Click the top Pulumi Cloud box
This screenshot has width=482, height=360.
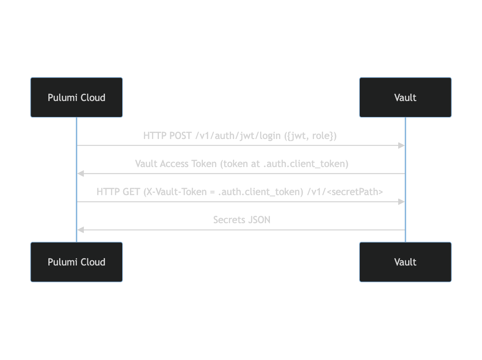click(76, 98)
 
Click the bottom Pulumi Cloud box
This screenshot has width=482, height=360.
click(76, 262)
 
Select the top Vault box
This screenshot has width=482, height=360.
click(405, 98)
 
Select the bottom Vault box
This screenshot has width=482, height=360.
click(405, 262)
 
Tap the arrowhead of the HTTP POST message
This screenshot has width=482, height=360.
click(401, 145)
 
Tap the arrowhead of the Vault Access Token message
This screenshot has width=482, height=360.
click(80, 174)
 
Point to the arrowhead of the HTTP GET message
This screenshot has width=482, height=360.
click(401, 202)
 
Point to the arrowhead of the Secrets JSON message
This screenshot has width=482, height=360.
click(80, 230)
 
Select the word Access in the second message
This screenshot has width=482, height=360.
click(174, 164)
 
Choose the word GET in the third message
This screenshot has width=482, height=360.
click(131, 192)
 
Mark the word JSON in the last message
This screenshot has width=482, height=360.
click(259, 220)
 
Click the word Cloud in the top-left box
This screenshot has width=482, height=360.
click(92, 98)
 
